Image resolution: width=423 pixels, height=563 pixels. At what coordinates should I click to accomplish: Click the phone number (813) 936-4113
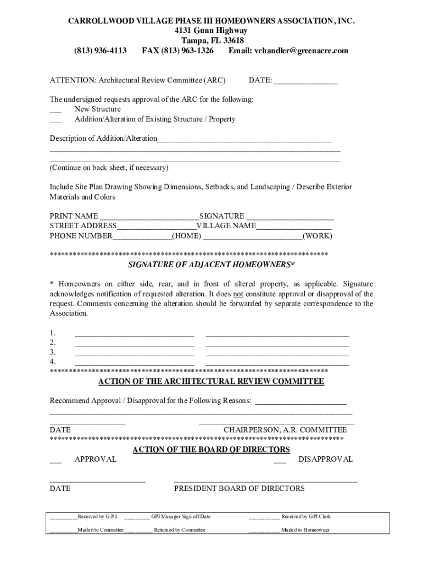coord(101,51)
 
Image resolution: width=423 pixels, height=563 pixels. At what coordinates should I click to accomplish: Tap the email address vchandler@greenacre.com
coord(301,51)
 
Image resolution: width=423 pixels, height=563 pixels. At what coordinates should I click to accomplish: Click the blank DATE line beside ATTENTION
coord(305,81)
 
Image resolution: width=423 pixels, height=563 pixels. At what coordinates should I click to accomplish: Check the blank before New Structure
coord(55,110)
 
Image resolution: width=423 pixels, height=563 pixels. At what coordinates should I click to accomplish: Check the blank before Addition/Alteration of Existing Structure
coord(55,120)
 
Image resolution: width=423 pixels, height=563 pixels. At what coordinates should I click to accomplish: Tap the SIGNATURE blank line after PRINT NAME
coord(290,217)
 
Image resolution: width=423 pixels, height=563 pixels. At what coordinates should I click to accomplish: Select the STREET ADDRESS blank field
coord(157,227)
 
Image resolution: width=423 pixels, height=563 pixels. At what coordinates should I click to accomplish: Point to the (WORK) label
coord(318,236)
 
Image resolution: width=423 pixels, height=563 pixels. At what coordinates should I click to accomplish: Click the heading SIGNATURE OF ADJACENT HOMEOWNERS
coord(211,265)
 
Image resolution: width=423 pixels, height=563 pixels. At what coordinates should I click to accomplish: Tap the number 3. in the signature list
coord(53,352)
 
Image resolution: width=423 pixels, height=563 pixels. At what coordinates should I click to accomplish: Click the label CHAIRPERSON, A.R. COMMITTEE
coord(285,429)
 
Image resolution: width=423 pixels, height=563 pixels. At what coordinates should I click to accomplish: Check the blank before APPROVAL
coord(55,460)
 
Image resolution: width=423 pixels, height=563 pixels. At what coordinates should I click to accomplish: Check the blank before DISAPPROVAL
coord(280,460)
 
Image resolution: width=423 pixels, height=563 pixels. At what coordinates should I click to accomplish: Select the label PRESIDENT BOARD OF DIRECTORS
coord(239,488)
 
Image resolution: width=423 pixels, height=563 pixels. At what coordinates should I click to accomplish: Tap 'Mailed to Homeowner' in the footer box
coord(305,530)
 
